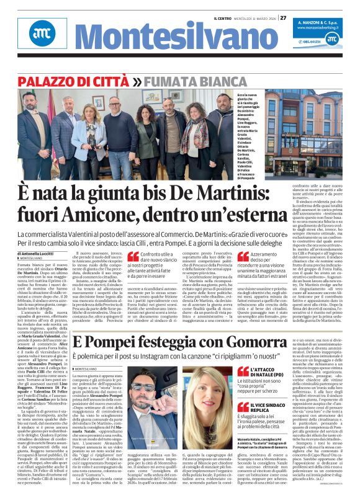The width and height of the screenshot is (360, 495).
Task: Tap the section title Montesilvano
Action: pyautogui.click(x=146, y=40)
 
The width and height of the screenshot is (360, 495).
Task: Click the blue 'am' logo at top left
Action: pyautogui.click(x=42, y=38)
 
